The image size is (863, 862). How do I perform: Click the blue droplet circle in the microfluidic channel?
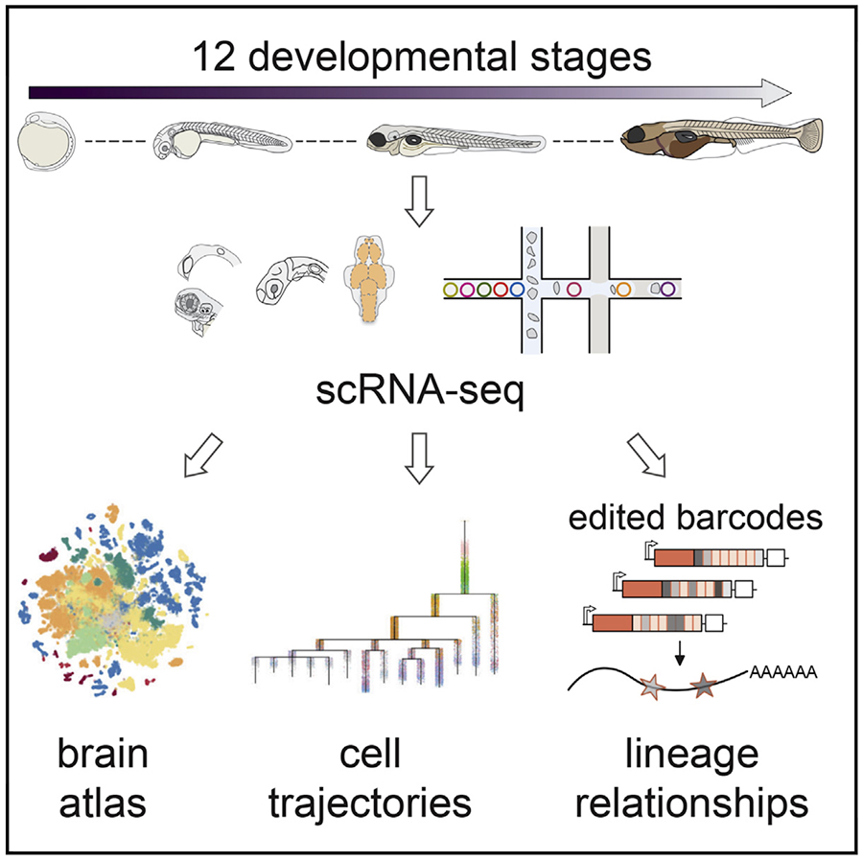(517, 288)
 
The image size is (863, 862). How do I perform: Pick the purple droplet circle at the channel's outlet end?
(667, 287)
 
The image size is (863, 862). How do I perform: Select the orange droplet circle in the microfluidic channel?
(624, 287)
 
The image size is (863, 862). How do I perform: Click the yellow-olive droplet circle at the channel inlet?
(449, 288)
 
